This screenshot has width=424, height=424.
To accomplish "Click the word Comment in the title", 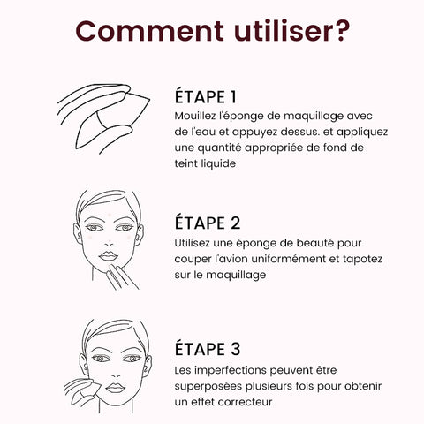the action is (x=149, y=31).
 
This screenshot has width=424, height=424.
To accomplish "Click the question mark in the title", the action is (x=342, y=30).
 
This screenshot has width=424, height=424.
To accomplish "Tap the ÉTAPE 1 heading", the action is (x=206, y=96).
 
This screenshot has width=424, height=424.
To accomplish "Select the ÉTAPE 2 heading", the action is (x=208, y=223).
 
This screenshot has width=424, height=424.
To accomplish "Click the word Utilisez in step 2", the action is (x=192, y=243).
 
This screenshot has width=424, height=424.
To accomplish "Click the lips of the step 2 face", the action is (x=109, y=255).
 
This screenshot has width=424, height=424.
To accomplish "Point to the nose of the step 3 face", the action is (x=116, y=373).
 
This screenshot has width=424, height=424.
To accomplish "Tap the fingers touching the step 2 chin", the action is (x=120, y=276).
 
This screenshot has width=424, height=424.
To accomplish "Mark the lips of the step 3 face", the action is (x=116, y=388).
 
